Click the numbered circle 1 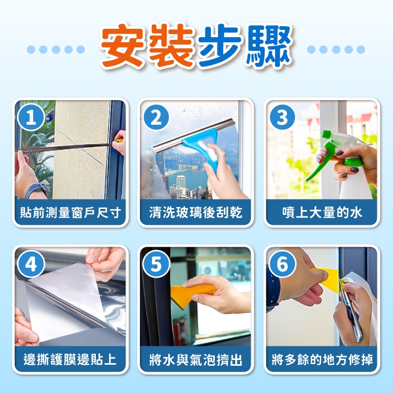tap(31, 117)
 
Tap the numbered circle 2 tap(156, 117)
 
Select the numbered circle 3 tap(282, 117)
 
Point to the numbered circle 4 tap(31, 264)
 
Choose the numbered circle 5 tap(156, 264)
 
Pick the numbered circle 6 tap(282, 264)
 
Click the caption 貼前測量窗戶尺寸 tap(70, 213)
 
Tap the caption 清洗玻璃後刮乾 tap(196, 213)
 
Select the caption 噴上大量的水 tap(322, 213)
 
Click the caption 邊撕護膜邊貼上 tap(70, 359)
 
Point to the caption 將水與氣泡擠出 tap(196, 359)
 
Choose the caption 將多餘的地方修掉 tap(322, 359)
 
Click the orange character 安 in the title tap(123, 46)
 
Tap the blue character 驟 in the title tap(269, 46)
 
